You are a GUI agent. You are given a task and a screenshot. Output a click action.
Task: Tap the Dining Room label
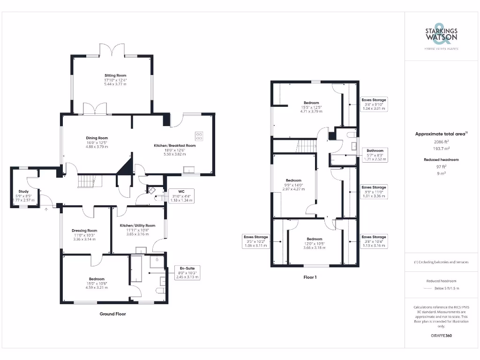[97, 142]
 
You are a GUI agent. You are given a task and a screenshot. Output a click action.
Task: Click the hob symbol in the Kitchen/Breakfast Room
[199, 136]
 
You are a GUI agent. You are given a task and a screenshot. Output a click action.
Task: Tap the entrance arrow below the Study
[46, 209]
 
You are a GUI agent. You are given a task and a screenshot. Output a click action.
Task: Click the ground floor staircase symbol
[86, 180]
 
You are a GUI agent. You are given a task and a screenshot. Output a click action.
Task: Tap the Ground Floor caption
[112, 314]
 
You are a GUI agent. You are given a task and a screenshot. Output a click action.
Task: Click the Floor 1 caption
[310, 277]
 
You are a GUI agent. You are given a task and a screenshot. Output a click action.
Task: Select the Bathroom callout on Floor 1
[375, 155]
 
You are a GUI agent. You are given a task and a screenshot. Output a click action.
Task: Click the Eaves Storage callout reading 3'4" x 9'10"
[374, 104]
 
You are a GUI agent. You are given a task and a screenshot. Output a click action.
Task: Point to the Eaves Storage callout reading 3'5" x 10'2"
[255, 241]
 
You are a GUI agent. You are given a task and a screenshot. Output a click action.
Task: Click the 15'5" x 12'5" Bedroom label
[311, 107]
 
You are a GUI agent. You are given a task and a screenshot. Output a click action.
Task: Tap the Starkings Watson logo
[442, 35]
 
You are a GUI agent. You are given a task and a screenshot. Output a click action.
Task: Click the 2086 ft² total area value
[441, 141]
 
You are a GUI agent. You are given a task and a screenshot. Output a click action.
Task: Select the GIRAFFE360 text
[441, 336]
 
